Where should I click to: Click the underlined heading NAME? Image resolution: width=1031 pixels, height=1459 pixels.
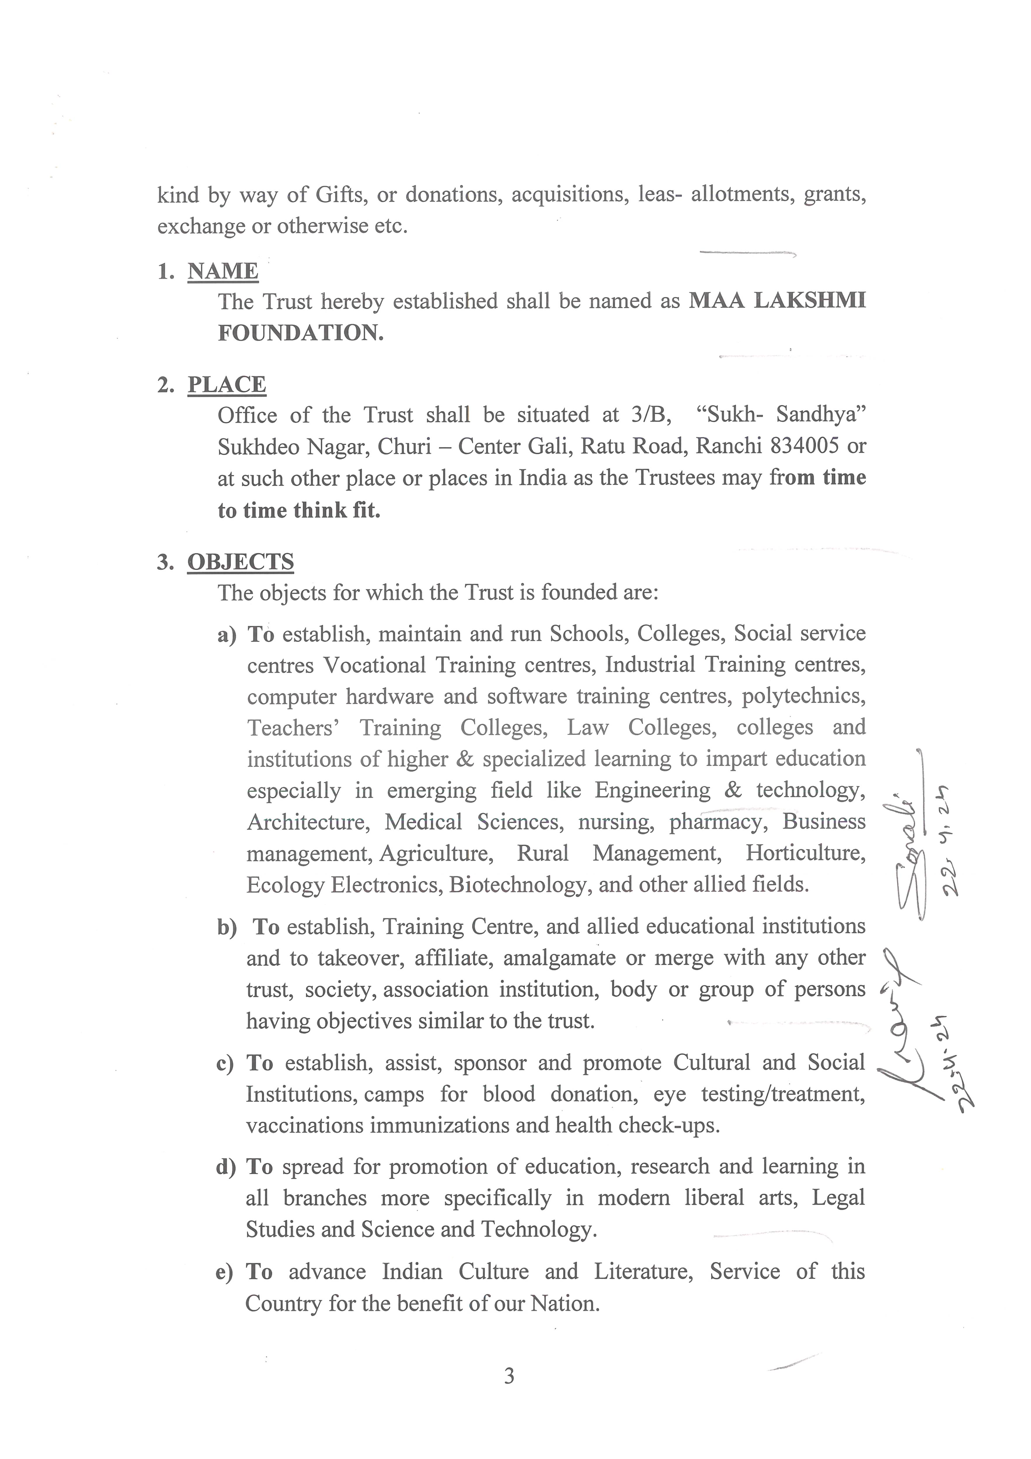click(222, 271)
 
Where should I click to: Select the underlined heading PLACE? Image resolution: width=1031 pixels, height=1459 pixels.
click(226, 385)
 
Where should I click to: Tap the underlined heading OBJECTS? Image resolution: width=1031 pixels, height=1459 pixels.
click(240, 562)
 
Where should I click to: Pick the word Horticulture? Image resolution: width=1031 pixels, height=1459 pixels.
click(805, 853)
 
